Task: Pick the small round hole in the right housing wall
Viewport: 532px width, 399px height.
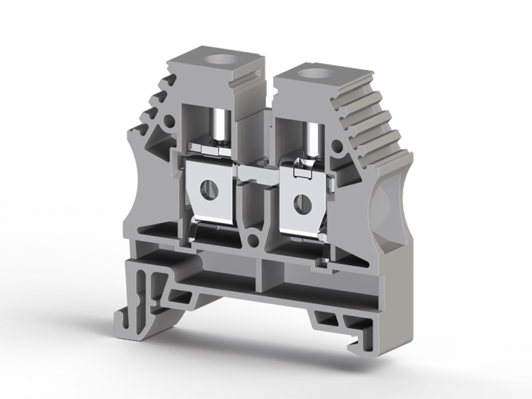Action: [x=337, y=147]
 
